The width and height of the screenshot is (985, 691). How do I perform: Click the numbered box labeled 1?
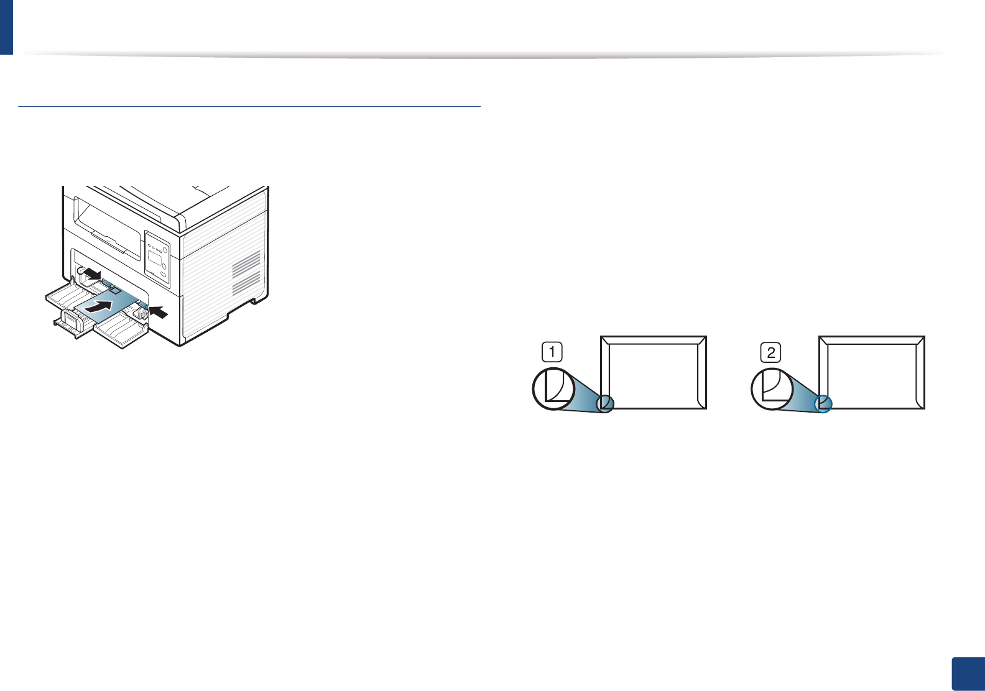pyautogui.click(x=552, y=352)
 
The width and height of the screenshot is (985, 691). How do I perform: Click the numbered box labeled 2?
pyautogui.click(x=771, y=352)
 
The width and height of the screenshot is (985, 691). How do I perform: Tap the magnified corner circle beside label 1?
pyautogui.click(x=553, y=389)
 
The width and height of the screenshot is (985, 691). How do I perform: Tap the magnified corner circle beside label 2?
pyautogui.click(x=772, y=389)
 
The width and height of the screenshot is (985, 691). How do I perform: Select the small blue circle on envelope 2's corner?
pyautogui.click(x=823, y=404)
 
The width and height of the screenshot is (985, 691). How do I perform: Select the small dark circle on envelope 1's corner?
pyautogui.click(x=605, y=405)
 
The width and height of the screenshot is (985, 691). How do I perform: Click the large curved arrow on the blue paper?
pyautogui.click(x=101, y=304)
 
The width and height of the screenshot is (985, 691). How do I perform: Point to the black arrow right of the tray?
pyautogui.click(x=158, y=312)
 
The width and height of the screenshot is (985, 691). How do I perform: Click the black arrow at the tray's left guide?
pyautogui.click(x=91, y=273)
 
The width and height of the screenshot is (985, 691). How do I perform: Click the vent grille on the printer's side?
pyautogui.click(x=246, y=273)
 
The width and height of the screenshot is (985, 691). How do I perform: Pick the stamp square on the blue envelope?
pyautogui.click(x=114, y=290)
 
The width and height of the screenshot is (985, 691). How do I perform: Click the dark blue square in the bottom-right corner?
pyautogui.click(x=968, y=674)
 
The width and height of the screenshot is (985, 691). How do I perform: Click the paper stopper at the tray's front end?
pyautogui.click(x=69, y=321)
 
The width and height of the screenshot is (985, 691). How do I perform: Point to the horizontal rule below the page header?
pyautogui.click(x=249, y=107)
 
